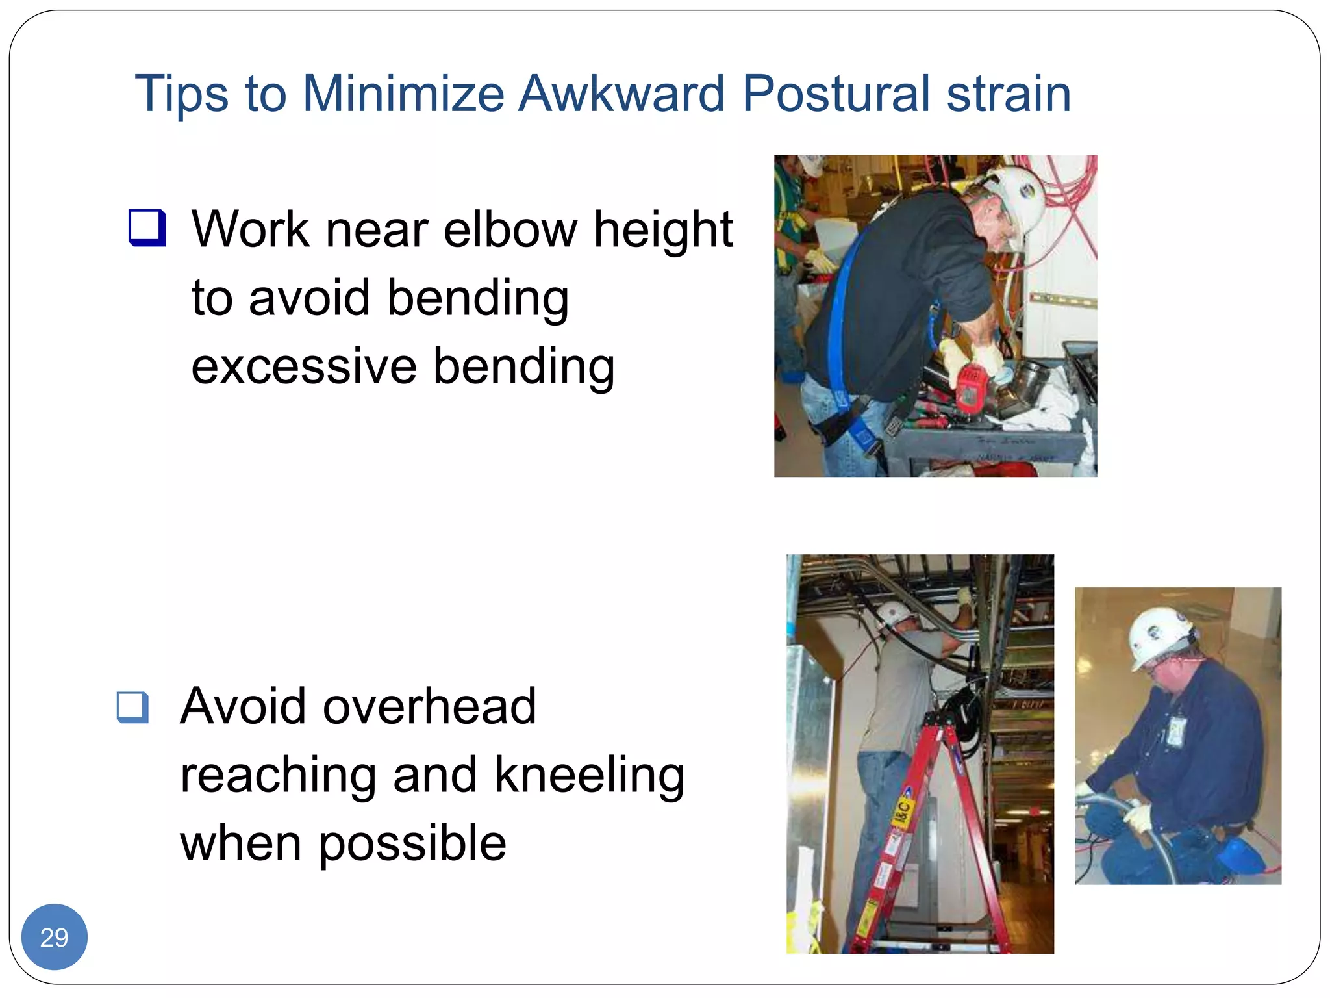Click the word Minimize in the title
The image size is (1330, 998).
(x=403, y=94)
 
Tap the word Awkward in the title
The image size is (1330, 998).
(x=621, y=94)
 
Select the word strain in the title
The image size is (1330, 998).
(x=1009, y=94)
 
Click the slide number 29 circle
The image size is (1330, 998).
(x=55, y=937)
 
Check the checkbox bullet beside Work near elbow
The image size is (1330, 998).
(x=147, y=228)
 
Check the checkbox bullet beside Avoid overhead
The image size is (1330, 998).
(x=133, y=707)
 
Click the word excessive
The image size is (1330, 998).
(x=304, y=366)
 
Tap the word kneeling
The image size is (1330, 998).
(x=589, y=775)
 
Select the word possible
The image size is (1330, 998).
(x=412, y=843)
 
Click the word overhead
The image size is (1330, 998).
(x=429, y=707)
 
